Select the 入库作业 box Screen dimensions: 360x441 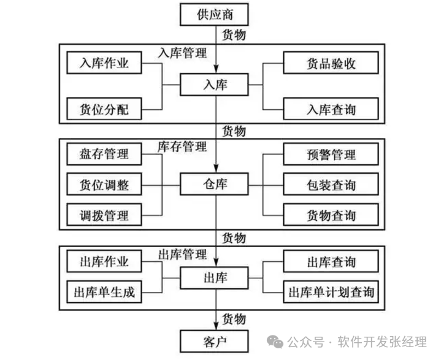pos(104,63)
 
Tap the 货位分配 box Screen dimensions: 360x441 pos(104,110)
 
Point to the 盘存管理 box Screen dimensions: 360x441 pos(104,153)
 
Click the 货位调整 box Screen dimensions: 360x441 pos(104,184)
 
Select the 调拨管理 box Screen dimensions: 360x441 pos(104,215)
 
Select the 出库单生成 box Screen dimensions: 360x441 pos(104,292)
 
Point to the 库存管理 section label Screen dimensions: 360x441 pos(183,147)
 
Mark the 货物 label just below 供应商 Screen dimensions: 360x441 pos(234,34)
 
